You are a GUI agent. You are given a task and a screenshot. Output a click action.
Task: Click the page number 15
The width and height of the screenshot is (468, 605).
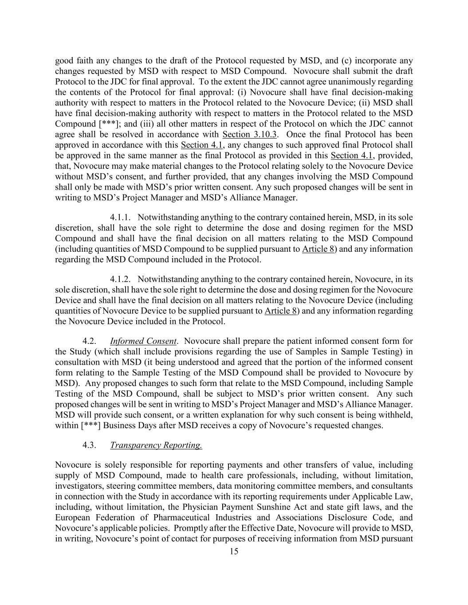tap(234, 551)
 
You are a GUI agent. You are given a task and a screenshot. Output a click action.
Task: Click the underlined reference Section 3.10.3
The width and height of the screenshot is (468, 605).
tap(250, 134)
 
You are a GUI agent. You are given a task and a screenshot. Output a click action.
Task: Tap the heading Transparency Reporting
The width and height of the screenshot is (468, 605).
tap(156, 445)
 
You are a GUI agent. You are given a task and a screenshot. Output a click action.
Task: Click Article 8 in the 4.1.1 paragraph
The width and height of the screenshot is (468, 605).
tap(318, 249)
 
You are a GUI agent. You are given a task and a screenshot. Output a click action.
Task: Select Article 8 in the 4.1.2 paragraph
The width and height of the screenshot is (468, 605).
tap(280, 311)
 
